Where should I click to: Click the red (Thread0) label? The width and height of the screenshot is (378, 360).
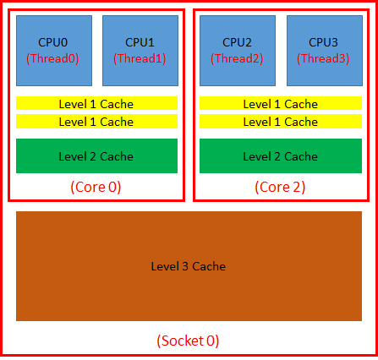54,58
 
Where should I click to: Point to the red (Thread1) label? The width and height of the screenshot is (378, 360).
140,58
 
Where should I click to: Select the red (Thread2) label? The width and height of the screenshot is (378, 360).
237,58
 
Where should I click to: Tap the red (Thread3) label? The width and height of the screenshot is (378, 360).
323,58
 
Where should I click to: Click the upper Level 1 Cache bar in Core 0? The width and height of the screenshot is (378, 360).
96,104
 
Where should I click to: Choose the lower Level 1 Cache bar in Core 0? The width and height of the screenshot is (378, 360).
96,122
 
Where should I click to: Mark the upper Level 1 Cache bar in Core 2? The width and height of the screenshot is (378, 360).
280,104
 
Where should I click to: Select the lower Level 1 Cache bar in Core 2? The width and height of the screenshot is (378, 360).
280,122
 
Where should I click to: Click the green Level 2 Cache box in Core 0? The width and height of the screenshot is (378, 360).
96,156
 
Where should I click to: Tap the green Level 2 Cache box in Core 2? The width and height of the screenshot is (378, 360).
280,156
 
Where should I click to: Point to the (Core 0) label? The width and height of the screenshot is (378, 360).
96,187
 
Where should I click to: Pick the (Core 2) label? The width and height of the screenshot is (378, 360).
279,187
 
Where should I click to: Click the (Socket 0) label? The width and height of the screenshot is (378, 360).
188,341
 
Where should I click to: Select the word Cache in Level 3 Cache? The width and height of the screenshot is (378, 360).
209,267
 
